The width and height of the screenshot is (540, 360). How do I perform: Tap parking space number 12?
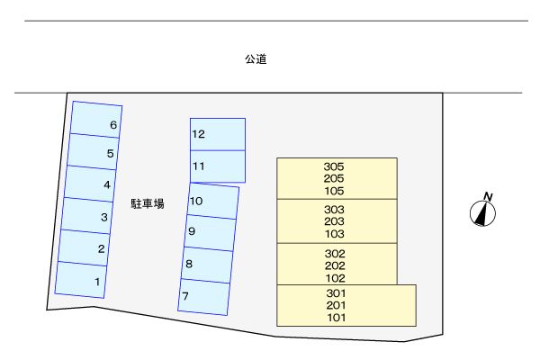click(x=217, y=134)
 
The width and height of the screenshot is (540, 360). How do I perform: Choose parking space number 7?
click(x=203, y=296)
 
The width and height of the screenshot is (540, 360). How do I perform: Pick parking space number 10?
click(x=213, y=201)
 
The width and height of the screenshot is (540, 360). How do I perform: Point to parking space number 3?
click(x=87, y=216)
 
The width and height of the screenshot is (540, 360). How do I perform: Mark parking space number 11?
click(x=217, y=166)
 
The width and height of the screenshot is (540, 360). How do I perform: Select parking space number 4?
click(x=89, y=184)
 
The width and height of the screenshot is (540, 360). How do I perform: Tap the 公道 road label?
click(x=255, y=60)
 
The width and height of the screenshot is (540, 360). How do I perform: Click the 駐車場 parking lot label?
click(x=147, y=204)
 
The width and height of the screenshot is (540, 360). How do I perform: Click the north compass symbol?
click(x=484, y=211)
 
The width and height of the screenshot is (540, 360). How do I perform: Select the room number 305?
click(x=334, y=166)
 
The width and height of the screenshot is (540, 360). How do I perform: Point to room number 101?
click(x=337, y=317)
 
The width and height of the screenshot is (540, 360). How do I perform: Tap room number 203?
click(x=334, y=221)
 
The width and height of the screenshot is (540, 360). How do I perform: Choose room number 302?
click(x=334, y=254)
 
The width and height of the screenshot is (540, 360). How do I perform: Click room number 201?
click(x=337, y=305)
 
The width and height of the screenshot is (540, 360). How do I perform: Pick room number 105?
click(x=334, y=191)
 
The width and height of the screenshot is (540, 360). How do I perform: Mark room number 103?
click(x=334, y=234)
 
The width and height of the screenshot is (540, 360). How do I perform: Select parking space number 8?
click(x=207, y=265)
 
